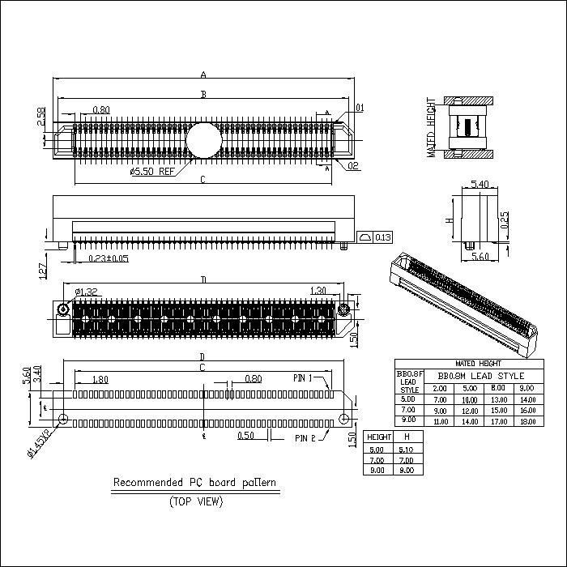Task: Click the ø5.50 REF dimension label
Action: [151, 172]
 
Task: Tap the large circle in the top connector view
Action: [202, 139]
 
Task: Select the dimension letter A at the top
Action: [202, 75]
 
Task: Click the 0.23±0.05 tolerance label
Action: [108, 258]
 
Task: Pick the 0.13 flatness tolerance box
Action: [374, 237]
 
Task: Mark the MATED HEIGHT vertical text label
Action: [432, 128]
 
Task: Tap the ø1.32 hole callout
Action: [87, 292]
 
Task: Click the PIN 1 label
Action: [303, 378]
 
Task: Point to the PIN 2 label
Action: [305, 437]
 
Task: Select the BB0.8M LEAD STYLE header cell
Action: [481, 376]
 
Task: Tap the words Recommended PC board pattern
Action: [194, 483]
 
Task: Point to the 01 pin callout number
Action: [359, 107]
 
